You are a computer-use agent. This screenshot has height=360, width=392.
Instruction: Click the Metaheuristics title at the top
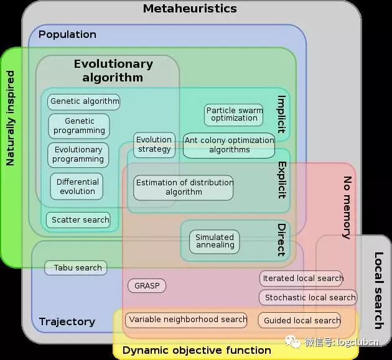click(x=190, y=9)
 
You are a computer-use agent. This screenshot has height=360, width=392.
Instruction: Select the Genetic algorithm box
click(x=84, y=102)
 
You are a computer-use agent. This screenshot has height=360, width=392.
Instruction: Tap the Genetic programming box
click(x=79, y=126)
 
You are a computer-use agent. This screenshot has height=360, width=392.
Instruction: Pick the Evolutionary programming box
click(x=78, y=155)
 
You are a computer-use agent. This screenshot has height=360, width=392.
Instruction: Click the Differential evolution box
click(x=77, y=187)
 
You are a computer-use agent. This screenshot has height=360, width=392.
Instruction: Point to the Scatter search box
click(x=78, y=220)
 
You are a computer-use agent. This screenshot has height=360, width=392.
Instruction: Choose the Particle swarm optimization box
click(x=233, y=115)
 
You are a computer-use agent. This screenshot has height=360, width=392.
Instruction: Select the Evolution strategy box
click(x=154, y=145)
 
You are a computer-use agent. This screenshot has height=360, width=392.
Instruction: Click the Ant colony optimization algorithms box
click(x=229, y=145)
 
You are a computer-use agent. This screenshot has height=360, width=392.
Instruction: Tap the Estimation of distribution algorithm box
click(x=184, y=188)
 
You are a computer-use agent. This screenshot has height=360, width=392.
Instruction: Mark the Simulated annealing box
click(x=215, y=242)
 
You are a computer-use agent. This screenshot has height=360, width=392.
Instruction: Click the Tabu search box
click(x=76, y=268)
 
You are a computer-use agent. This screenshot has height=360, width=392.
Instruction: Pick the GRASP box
click(x=147, y=285)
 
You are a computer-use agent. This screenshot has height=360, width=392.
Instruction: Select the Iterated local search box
click(x=301, y=279)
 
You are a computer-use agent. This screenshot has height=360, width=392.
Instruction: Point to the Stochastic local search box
click(x=308, y=298)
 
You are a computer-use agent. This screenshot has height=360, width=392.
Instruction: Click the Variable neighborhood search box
click(x=186, y=320)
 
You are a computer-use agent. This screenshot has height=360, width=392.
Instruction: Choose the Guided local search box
click(x=299, y=320)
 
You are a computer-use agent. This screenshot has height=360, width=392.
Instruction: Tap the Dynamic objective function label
click(x=197, y=350)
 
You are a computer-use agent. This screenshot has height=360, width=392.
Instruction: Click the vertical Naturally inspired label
click(x=10, y=118)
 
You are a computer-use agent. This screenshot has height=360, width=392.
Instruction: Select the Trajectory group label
click(x=67, y=322)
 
